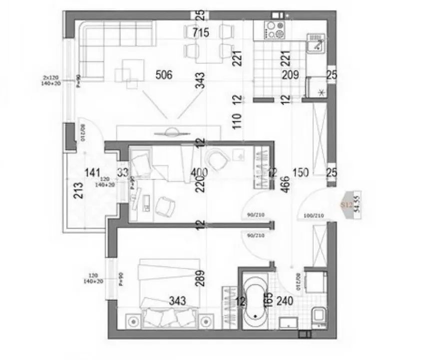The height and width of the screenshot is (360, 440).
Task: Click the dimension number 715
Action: [x=200, y=33]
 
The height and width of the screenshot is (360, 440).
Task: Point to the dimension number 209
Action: [x=290, y=76]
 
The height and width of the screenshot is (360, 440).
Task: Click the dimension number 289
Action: [x=200, y=277]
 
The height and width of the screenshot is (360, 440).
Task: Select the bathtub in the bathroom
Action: [x=256, y=299]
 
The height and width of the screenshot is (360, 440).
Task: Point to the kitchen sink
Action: [x=316, y=44]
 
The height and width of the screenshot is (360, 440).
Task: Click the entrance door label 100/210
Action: [x=313, y=216]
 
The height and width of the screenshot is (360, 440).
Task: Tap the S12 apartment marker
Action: [x=347, y=204]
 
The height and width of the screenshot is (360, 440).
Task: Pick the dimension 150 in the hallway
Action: [x=301, y=172]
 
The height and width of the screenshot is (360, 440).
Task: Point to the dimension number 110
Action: [x=237, y=121]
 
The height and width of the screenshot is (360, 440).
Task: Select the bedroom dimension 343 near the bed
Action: [x=177, y=301]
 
